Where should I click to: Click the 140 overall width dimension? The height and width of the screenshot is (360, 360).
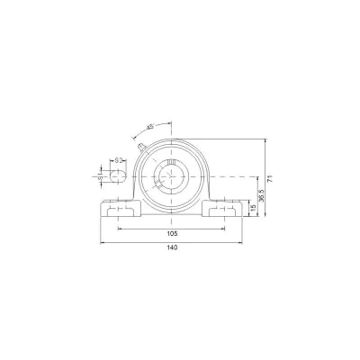(x=172, y=247)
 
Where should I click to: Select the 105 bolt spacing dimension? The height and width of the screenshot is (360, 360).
(x=172, y=233)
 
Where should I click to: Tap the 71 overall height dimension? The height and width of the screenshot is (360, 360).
(x=270, y=178)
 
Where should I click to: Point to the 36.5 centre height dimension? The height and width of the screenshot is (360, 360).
(x=261, y=195)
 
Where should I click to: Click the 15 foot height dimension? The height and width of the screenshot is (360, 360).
(x=253, y=208)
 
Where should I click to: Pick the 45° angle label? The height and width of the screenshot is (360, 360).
(x=150, y=127)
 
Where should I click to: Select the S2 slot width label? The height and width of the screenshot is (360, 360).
(x=119, y=160)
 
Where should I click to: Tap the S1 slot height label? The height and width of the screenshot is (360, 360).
(x=101, y=176)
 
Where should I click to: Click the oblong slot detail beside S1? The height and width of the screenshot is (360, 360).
(x=118, y=176)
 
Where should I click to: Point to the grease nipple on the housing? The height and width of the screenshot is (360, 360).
(x=141, y=147)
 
